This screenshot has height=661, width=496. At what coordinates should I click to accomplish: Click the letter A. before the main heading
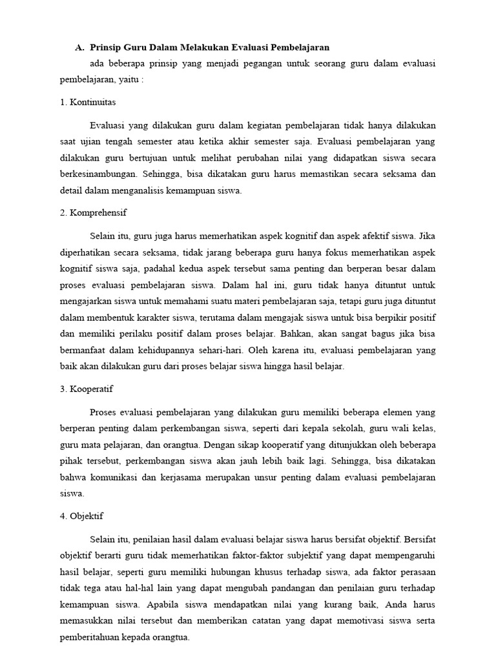click(79, 47)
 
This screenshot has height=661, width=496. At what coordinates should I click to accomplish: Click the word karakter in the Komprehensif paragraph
click(156, 318)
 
